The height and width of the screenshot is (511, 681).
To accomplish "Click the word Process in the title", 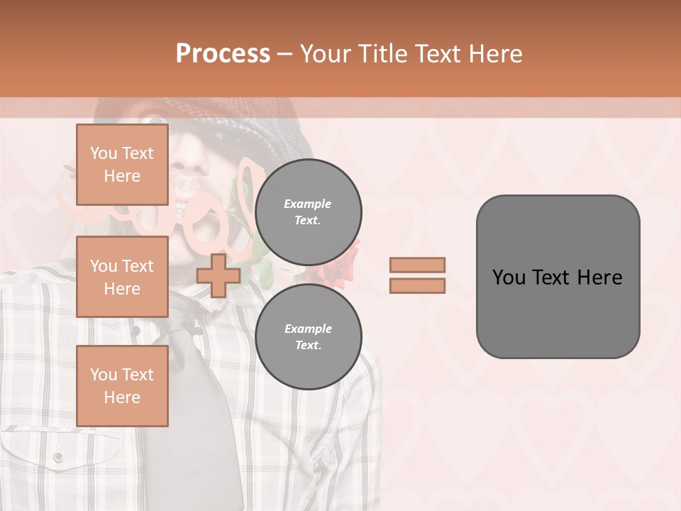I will point(223,54).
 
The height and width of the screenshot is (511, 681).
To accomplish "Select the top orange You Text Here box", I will point(122,165).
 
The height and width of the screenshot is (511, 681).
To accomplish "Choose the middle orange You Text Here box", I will point(122,277).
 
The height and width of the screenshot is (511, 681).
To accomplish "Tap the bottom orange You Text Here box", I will point(122,386).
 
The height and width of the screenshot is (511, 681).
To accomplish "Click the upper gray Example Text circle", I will point(309,212).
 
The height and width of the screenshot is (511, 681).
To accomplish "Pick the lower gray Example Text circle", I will point(309,337).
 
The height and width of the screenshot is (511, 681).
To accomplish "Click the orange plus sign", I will point(218,275).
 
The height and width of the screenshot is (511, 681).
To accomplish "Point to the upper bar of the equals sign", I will point(417,265).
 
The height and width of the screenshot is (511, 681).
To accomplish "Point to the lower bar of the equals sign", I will point(417,285).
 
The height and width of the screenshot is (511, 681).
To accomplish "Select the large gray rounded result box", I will point(558,277).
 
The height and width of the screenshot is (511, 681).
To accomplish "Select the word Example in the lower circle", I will point(308,329).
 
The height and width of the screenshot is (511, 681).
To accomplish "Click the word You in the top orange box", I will point(103,153).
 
